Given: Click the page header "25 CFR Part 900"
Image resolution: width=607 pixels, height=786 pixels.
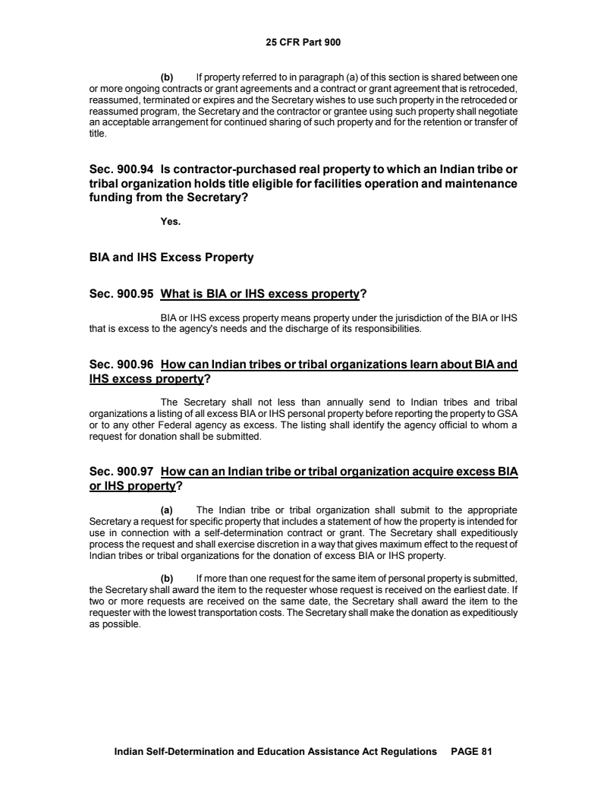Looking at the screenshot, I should [x=303, y=43].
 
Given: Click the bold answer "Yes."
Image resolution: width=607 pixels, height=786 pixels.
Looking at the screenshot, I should [x=171, y=223].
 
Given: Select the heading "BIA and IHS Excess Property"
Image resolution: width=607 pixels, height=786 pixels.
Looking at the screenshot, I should [x=171, y=257].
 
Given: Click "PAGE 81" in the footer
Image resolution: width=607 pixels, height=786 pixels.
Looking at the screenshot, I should [x=472, y=751].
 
